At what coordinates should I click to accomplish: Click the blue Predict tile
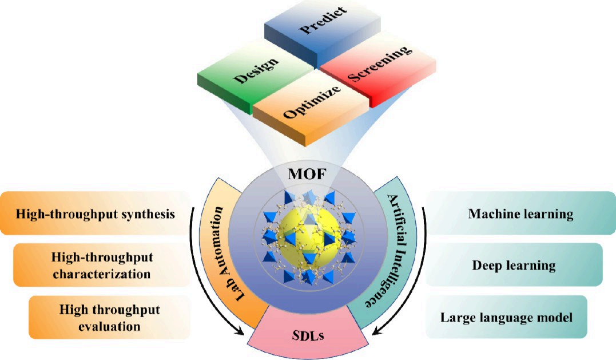316,31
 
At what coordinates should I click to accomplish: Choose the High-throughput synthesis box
94,213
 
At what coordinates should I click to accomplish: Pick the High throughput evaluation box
109,318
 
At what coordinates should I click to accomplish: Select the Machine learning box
520,214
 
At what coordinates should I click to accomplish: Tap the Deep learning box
514,265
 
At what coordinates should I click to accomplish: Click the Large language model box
506,317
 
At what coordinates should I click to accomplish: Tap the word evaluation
109,327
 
